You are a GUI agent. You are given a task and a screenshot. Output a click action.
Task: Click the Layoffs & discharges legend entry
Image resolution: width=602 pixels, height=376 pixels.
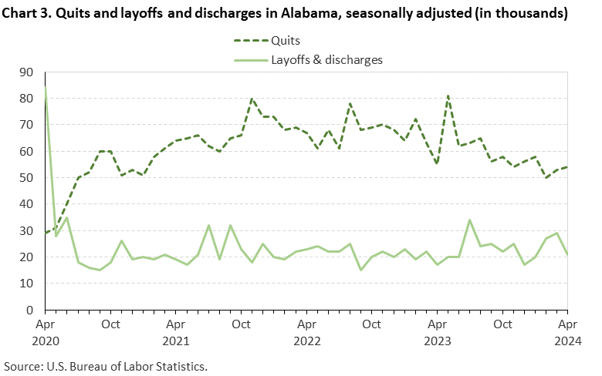(x=326, y=59)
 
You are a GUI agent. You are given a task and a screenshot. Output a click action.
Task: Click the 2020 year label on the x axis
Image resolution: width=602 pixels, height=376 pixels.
(x=45, y=339)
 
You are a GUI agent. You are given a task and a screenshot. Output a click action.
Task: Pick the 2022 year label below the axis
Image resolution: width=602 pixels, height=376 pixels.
(x=306, y=339)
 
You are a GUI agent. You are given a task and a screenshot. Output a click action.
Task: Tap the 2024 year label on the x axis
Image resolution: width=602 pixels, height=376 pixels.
(x=567, y=339)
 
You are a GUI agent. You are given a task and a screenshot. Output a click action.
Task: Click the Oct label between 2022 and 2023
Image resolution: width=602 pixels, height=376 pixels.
(x=371, y=324)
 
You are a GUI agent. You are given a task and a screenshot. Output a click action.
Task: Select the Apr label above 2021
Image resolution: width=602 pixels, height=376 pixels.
(x=176, y=324)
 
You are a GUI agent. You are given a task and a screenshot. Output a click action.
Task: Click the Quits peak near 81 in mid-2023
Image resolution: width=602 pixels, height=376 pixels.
(x=448, y=96)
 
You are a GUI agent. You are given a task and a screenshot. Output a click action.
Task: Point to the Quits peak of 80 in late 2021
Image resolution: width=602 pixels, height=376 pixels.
(x=252, y=99)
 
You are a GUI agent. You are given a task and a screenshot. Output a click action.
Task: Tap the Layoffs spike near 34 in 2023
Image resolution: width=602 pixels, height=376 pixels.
(x=469, y=220)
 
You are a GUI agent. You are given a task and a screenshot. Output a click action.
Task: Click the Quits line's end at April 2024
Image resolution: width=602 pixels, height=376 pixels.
(x=567, y=167)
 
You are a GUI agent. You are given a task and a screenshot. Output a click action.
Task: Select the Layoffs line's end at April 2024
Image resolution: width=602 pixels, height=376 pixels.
(x=567, y=254)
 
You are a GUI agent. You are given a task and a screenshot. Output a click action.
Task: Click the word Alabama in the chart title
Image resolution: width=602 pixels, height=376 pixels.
(x=323, y=13)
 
